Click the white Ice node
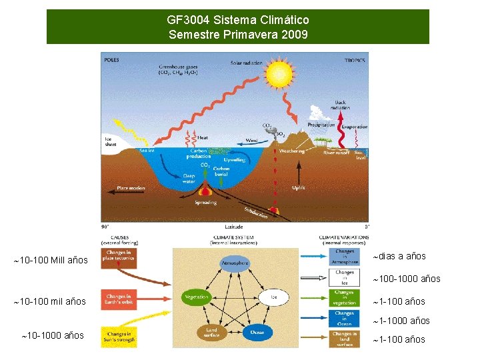[274, 297]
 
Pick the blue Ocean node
[257, 332]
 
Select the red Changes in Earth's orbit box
[119, 300]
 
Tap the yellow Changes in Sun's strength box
[119, 337]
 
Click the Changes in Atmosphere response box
[345, 257]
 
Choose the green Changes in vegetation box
[345, 297]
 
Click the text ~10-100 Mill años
[51, 260]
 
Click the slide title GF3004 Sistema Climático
[238, 21]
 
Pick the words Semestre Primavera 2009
[238, 34]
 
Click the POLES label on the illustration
[112, 59]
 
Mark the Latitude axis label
[234, 227]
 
